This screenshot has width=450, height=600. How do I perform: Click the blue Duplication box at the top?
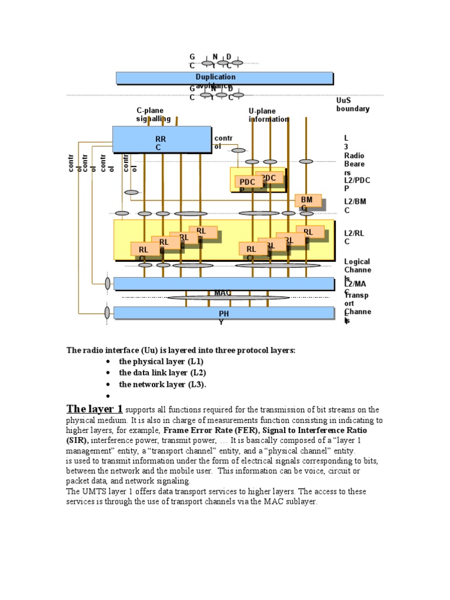click(x=224, y=78)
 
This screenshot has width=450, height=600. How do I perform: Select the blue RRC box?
click(x=161, y=139)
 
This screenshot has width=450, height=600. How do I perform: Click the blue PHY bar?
click(x=224, y=313)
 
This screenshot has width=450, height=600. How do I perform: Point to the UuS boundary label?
click(x=352, y=104)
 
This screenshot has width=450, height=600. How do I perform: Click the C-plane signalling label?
click(x=153, y=114)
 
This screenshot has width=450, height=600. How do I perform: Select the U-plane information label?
click(x=268, y=115)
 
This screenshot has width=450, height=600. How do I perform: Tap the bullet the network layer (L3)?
click(x=162, y=384)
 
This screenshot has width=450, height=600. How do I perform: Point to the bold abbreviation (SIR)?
click(x=77, y=440)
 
